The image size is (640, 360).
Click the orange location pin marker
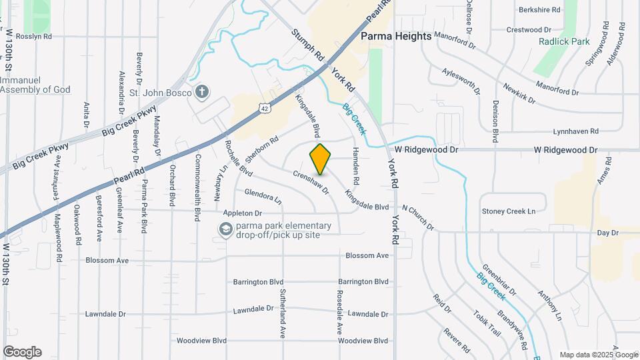coord(321,159)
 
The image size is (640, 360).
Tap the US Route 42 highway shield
coord(265,107)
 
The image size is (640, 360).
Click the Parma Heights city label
coord(396,36)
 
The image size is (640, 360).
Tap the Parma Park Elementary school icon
coord(226,230)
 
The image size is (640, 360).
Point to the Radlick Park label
coord(564,41)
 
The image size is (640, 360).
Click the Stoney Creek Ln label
coord(509,211)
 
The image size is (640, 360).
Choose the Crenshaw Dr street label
coord(312,181)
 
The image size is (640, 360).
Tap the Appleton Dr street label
coord(243,213)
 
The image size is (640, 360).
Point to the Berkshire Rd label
coord(541,10)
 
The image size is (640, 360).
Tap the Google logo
coord(22,352)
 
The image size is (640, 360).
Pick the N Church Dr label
coord(417,218)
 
